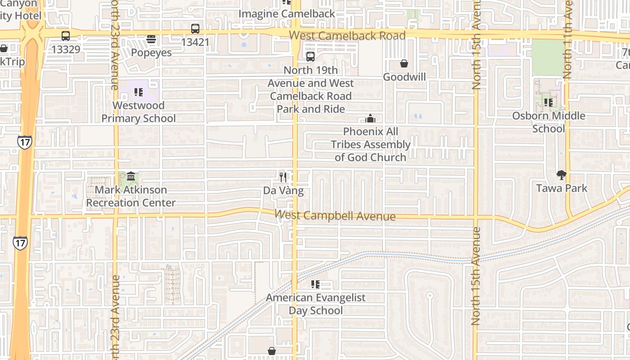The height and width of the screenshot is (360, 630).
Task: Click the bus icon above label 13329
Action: pyautogui.click(x=66, y=36)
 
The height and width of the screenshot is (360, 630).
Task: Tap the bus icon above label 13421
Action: pyautogui.click(x=195, y=29)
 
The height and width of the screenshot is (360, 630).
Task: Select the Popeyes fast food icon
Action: pyautogui.click(x=151, y=40)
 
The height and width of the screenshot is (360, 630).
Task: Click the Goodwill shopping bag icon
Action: pyautogui.click(x=404, y=64)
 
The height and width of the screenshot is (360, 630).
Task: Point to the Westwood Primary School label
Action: pyautogui.click(x=139, y=112)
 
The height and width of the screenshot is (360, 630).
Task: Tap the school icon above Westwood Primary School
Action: pyautogui.click(x=139, y=92)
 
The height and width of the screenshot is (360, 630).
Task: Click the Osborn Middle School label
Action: pyautogui.click(x=549, y=122)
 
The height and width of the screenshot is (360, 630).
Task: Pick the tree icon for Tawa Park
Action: pyautogui.click(x=561, y=175)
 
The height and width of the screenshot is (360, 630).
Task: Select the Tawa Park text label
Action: pyautogui.click(x=562, y=188)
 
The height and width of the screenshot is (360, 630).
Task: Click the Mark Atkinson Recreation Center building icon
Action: pyautogui.click(x=131, y=176)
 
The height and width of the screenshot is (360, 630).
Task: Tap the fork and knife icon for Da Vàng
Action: pyautogui.click(x=283, y=177)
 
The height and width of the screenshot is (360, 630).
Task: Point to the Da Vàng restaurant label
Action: pyautogui.click(x=283, y=191)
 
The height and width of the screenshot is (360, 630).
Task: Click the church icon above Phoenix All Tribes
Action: pyautogui.click(x=370, y=119)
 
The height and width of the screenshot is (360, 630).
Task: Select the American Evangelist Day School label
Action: pyautogui.click(x=315, y=304)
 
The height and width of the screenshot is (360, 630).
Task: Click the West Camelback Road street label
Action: pyautogui.click(x=347, y=36)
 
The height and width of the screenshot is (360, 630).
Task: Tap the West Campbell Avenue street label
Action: pyautogui.click(x=336, y=216)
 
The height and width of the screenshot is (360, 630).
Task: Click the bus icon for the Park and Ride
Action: pyautogui.click(x=310, y=57)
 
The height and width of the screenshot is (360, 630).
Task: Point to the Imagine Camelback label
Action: pyautogui.click(x=287, y=14)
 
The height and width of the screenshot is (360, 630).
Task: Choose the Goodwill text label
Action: pyautogui.click(x=404, y=77)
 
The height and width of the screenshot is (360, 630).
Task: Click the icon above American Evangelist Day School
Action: pyautogui.click(x=315, y=284)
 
